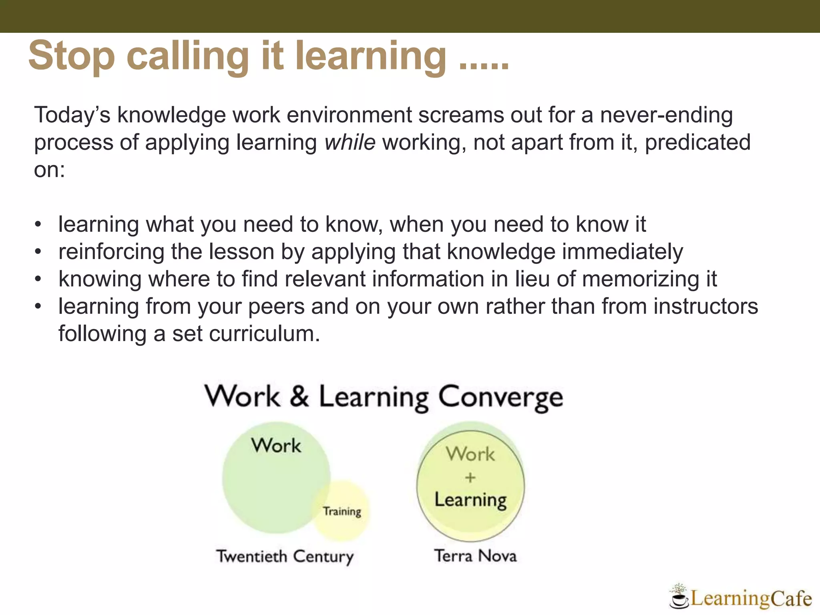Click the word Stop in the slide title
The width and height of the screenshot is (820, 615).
click(71, 56)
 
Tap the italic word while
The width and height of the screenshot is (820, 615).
click(350, 143)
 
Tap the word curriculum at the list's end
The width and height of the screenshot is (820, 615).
click(264, 334)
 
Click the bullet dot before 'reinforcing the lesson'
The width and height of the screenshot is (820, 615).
click(38, 252)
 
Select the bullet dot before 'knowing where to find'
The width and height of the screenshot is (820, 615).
click(38, 279)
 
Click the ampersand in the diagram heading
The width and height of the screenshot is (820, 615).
click(299, 396)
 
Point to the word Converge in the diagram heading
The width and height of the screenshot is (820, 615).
click(500, 398)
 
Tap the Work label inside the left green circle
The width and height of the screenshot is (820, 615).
click(276, 446)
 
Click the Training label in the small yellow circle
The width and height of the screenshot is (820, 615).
click(342, 511)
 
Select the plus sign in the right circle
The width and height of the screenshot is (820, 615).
click(470, 477)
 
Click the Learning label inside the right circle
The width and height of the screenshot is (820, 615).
click(470, 500)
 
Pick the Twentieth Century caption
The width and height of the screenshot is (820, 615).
click(285, 557)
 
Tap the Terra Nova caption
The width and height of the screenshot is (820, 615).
click(475, 556)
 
